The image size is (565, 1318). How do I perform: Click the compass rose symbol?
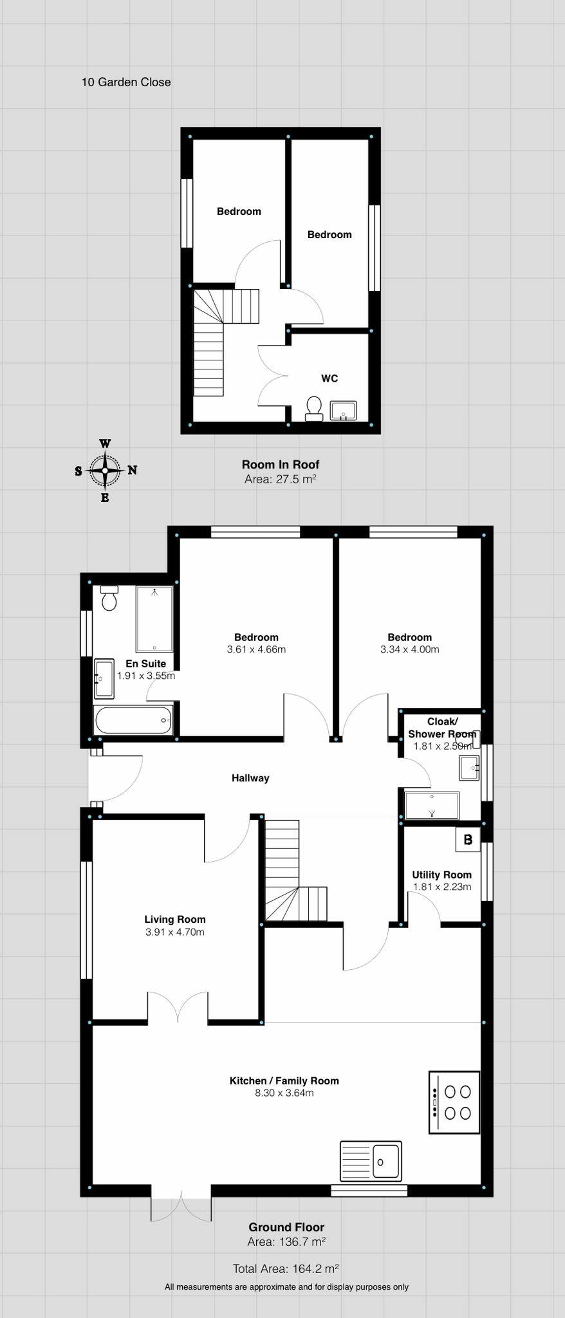point(105,470)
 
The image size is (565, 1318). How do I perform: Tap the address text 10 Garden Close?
point(126,82)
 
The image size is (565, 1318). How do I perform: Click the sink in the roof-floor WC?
point(343,411)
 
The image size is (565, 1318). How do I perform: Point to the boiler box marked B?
point(468,839)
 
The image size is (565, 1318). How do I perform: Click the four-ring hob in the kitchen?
point(454,1102)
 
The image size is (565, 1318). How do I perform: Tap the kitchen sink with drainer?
point(371,1161)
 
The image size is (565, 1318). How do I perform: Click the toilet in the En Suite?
point(109,599)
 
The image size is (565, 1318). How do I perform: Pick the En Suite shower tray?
point(154,619)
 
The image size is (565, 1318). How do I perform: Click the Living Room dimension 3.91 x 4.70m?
point(175,932)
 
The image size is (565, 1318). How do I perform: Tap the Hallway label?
point(250,778)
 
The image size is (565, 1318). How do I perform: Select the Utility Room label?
point(441,875)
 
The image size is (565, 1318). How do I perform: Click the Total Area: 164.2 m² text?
point(286,1268)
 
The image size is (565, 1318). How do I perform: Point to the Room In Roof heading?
point(281,464)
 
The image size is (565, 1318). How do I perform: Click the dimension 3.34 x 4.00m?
point(410,649)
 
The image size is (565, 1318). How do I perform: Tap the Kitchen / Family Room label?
point(284,1081)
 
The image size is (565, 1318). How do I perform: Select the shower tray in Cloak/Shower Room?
point(432,805)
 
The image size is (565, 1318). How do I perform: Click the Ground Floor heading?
point(286,1227)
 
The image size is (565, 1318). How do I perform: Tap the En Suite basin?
point(104,678)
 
